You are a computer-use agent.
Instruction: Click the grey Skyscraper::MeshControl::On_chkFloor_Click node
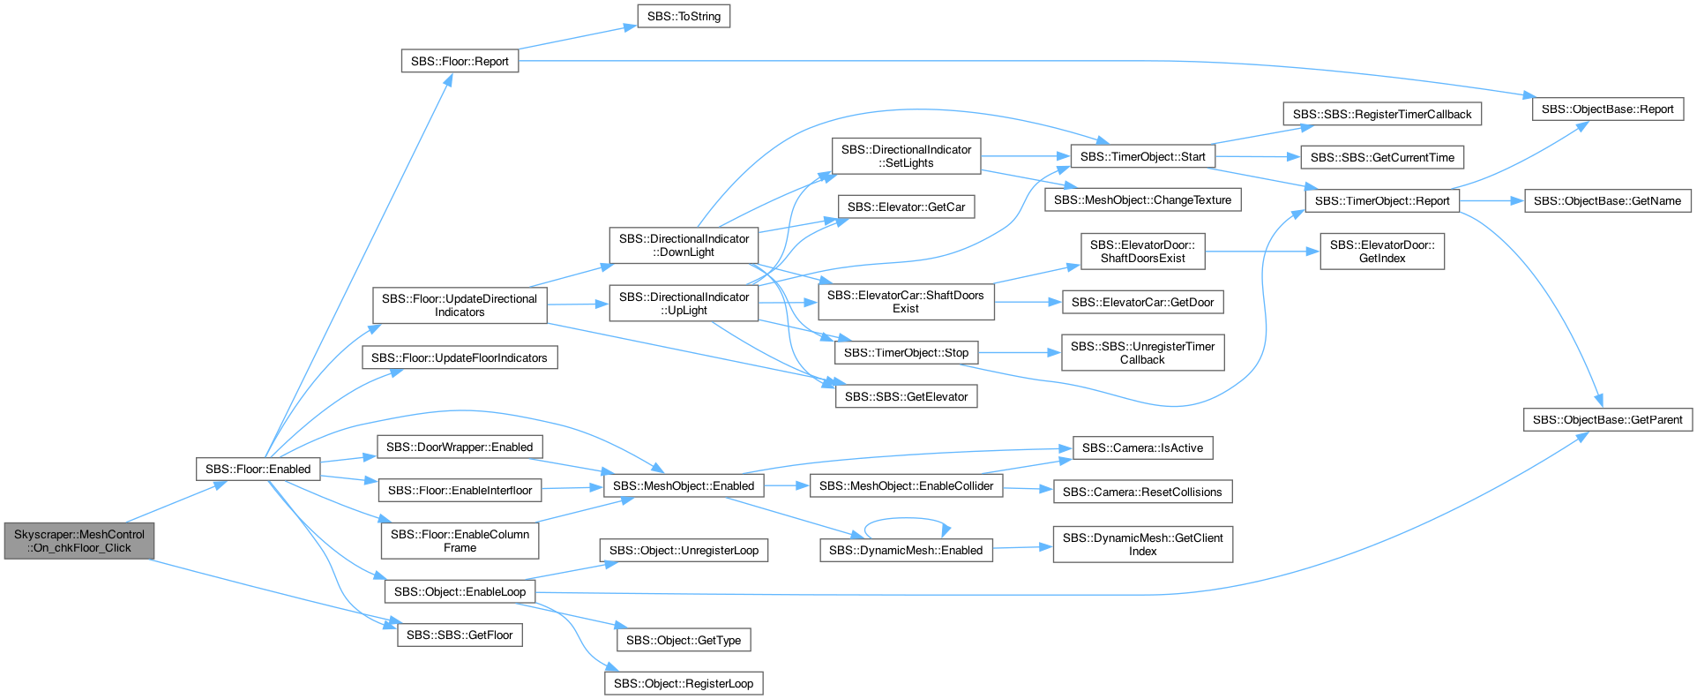pyautogui.click(x=79, y=541)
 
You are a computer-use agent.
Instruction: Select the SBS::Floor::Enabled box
pyautogui.click(x=258, y=469)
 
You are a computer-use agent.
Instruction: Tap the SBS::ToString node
pyautogui.click(x=684, y=17)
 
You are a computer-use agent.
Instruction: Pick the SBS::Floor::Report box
pyautogui.click(x=460, y=61)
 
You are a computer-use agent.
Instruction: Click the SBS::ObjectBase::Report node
pyautogui.click(x=1608, y=109)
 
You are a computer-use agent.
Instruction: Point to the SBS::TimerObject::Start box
pyautogui.click(x=1142, y=156)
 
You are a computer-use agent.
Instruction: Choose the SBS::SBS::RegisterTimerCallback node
pyautogui.click(x=1382, y=114)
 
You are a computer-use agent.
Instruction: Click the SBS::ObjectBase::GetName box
pyautogui.click(x=1608, y=200)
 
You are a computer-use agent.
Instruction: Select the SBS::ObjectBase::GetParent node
pyautogui.click(x=1608, y=420)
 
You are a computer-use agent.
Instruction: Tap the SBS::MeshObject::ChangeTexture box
pyautogui.click(x=1142, y=200)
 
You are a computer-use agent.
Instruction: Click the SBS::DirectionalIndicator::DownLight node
pyautogui.click(x=684, y=245)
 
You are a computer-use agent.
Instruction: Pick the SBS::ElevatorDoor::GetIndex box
pyautogui.click(x=1382, y=252)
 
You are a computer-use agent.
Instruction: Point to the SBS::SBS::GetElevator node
pyautogui.click(x=906, y=397)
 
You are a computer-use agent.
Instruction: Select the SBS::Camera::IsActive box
pyautogui.click(x=1142, y=447)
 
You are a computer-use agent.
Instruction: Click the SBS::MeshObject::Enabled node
pyautogui.click(x=684, y=485)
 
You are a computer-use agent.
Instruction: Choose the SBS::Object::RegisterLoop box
pyautogui.click(x=684, y=683)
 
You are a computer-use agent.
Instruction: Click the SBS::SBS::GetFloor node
pyautogui.click(x=460, y=635)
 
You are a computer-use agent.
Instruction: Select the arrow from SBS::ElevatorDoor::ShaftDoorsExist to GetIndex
pyautogui.click(x=1262, y=252)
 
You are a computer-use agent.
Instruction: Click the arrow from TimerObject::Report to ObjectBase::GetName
pyautogui.click(x=1491, y=200)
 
